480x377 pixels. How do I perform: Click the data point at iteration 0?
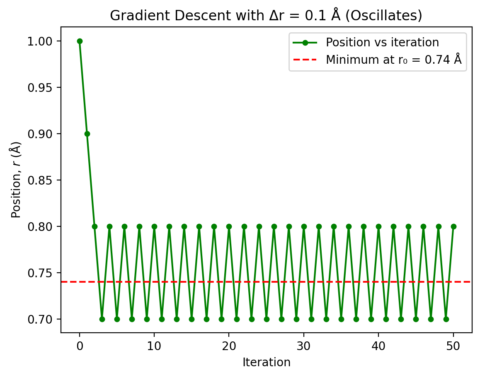point(80,41)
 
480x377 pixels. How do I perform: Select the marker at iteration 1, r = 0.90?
point(87,134)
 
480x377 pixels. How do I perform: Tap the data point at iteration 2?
point(95,226)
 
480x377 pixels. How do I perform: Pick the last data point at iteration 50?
point(453,226)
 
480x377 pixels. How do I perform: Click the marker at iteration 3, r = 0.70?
point(102,319)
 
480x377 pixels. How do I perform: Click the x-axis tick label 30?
point(304,345)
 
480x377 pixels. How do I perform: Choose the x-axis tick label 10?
point(154,345)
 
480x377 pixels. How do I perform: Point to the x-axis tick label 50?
point(453,345)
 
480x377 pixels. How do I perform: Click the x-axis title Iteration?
point(267,363)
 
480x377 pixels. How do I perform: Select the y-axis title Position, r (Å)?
point(16,180)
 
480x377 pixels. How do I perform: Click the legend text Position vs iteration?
point(382,43)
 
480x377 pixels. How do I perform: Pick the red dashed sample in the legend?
point(305,60)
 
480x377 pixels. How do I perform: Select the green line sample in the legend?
point(305,43)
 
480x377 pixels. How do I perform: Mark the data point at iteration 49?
point(446,319)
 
